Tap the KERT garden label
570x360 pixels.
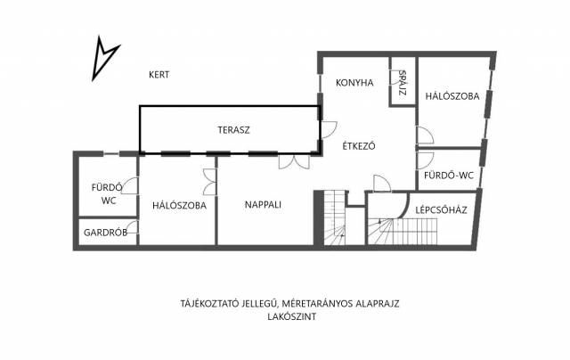click(159, 75)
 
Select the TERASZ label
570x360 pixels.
click(233, 130)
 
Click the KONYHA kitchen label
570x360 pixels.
click(354, 83)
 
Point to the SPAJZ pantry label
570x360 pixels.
click(402, 83)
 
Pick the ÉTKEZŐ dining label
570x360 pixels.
click(359, 146)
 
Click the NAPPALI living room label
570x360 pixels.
click(263, 204)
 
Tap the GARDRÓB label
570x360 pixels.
click(105, 233)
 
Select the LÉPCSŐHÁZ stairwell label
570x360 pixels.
click(442, 209)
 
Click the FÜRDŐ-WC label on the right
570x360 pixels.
click(449, 176)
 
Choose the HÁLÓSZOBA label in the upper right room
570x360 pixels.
click(452, 96)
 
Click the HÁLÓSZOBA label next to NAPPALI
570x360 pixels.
click(179, 205)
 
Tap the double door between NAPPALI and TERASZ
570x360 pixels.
click(294, 162)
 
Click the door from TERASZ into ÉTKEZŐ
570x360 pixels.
click(329, 130)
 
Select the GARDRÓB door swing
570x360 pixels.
click(133, 227)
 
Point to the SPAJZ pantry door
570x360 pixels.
click(394, 78)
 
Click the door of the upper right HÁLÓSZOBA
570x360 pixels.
click(425, 135)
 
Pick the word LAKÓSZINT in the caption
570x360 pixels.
click(292, 316)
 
